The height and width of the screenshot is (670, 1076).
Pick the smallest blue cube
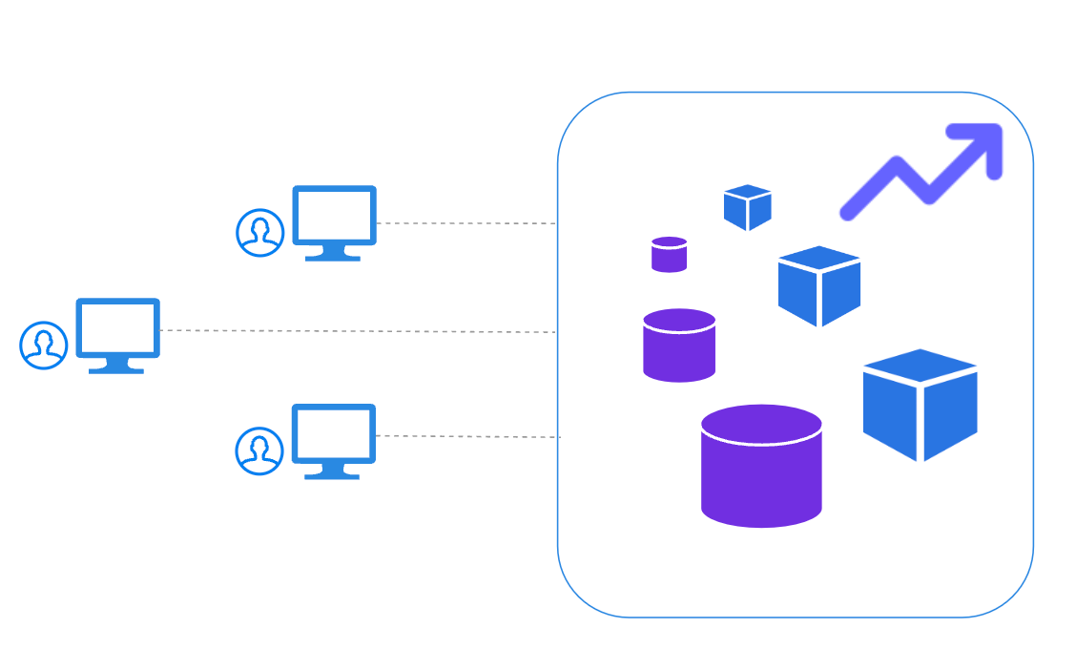[x=747, y=209]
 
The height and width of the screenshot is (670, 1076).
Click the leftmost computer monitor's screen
[x=117, y=327]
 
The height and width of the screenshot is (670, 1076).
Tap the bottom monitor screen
[x=333, y=433]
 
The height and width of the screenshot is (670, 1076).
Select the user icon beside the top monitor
[x=260, y=233]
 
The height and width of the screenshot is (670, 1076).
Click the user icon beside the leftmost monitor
[x=44, y=345]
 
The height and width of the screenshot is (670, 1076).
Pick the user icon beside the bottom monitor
[x=259, y=450]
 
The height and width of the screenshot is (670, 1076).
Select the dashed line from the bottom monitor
[x=467, y=436]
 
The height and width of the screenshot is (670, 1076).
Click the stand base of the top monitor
[x=333, y=258]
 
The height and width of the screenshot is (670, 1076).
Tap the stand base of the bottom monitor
[x=332, y=475]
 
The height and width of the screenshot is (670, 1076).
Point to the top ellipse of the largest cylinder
[x=761, y=424]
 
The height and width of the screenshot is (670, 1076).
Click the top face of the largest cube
[x=920, y=366]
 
